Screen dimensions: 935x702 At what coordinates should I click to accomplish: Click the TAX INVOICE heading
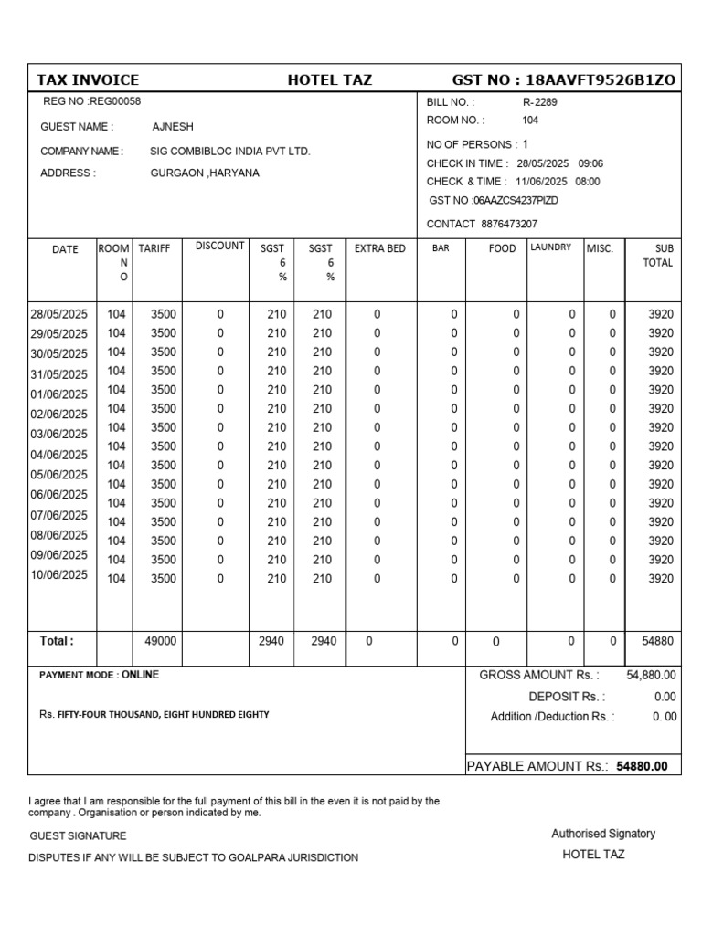[88, 79]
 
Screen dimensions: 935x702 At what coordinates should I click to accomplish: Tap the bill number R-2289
[539, 102]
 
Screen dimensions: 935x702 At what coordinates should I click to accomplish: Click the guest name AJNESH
[173, 127]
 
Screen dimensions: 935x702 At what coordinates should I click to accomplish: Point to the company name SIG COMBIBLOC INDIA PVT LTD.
[230, 151]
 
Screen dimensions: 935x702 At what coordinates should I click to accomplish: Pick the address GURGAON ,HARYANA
[205, 173]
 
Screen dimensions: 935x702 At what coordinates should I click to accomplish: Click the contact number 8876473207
[508, 224]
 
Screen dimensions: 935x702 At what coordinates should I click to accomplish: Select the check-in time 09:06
[590, 163]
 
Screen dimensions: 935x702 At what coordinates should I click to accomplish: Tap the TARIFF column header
[154, 248]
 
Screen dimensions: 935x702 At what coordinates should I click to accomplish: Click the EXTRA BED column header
[379, 248]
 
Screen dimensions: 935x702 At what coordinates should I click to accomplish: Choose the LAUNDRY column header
[551, 247]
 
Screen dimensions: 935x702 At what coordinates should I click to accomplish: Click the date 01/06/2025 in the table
[59, 394]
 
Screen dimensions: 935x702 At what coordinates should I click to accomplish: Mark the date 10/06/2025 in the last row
[59, 575]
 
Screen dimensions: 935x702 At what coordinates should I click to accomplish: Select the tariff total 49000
[160, 642]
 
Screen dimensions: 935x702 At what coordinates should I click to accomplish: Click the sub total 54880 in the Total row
[657, 642]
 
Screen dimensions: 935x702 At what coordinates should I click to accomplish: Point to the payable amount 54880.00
[642, 766]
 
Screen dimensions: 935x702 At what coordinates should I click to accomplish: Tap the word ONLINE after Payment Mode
[140, 675]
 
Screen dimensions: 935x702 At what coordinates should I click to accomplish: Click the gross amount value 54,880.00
[651, 675]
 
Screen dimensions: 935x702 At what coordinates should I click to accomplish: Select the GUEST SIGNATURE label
[78, 835]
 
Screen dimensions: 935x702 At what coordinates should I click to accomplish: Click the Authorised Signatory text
[603, 834]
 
